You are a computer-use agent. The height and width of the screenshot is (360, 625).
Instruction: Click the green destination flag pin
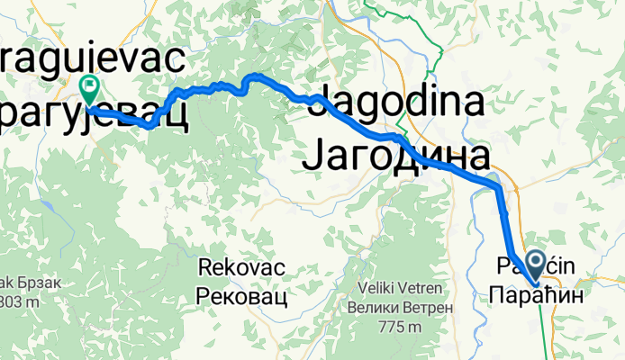(89, 88)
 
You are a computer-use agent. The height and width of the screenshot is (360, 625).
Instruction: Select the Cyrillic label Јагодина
(397, 155)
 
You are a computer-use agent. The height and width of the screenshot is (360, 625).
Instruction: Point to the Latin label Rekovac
(237, 267)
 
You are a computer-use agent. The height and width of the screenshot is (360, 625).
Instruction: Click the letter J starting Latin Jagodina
(317, 101)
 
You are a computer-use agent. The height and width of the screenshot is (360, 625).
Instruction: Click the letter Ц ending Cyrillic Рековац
(281, 298)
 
